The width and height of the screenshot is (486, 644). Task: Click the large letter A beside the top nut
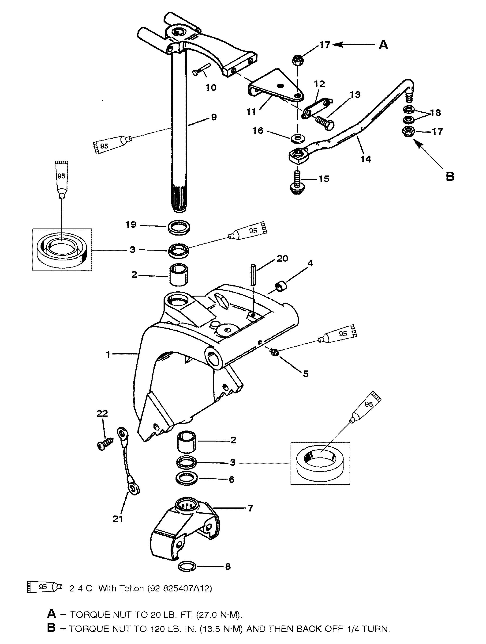point(383,45)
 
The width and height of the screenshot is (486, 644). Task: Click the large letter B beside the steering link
point(450,176)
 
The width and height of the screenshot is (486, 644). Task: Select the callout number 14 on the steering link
point(366,159)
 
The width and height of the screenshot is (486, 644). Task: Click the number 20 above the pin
point(282,258)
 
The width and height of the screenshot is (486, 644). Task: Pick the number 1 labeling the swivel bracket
point(108,354)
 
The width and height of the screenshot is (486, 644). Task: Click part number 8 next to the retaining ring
point(228,566)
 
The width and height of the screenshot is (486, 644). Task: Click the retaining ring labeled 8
point(187,566)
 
